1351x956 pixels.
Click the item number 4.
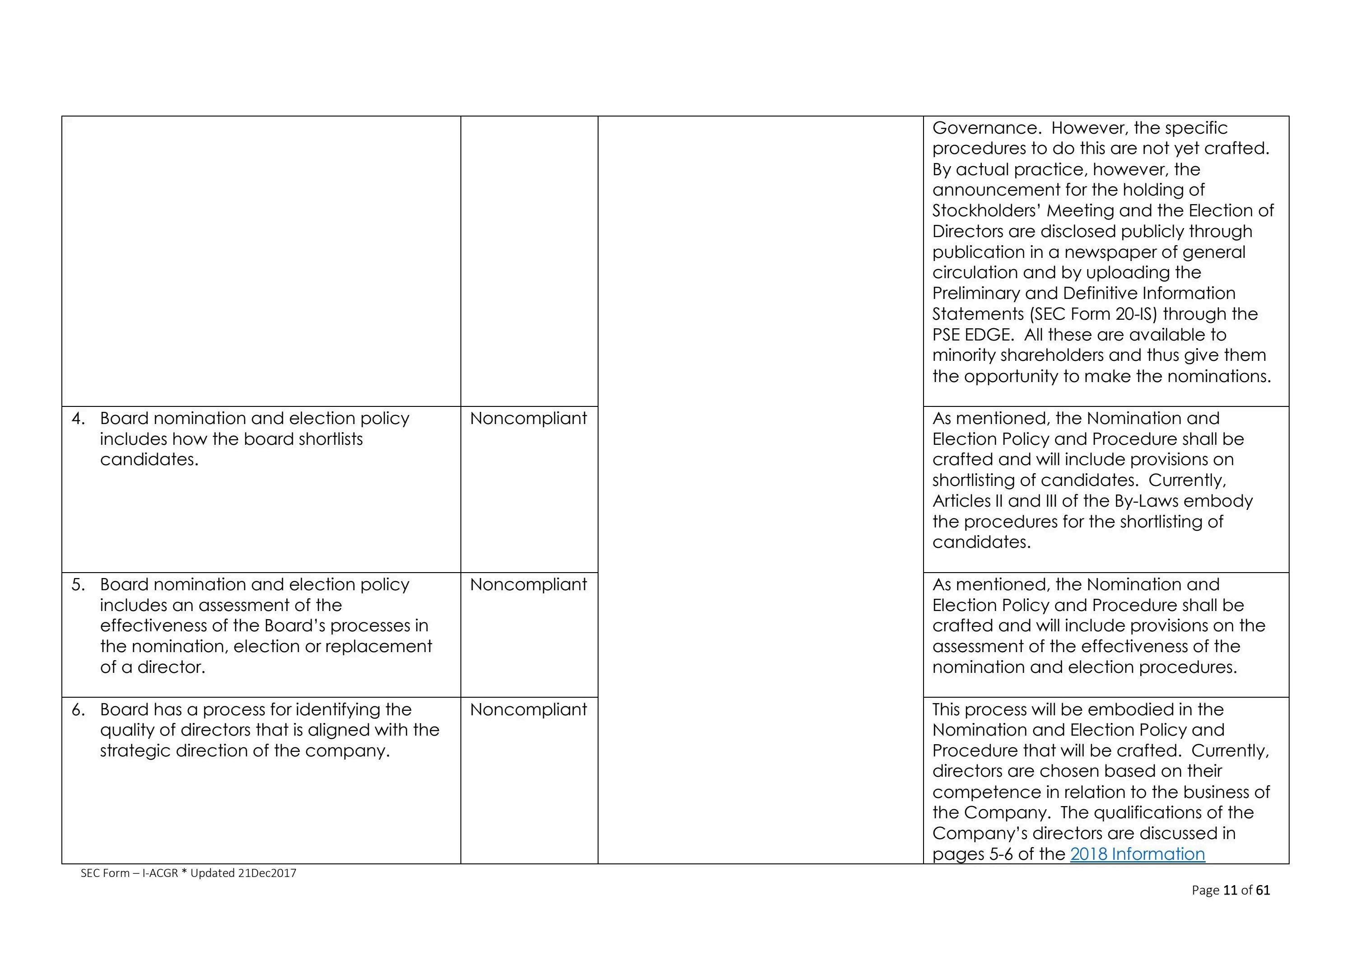pos(78,419)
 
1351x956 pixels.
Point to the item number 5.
pos(78,584)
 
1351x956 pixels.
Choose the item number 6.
pos(78,710)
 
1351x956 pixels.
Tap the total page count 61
pos(1263,890)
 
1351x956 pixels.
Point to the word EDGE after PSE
pos(988,334)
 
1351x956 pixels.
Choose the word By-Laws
pos(1150,501)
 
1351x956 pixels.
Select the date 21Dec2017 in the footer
pos(267,873)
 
